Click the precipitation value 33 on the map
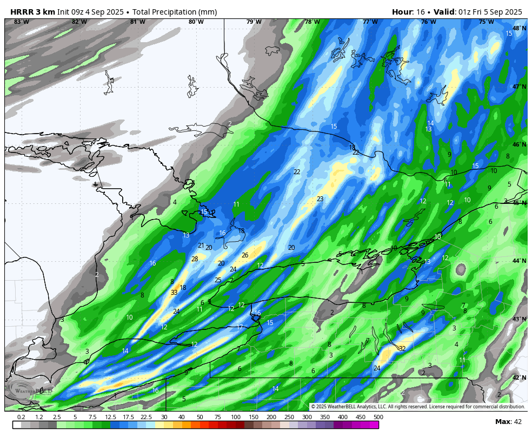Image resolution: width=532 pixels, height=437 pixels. click(174, 293)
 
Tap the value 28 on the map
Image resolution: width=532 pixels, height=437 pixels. click(195, 259)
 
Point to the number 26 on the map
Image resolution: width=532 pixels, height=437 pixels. click(245, 255)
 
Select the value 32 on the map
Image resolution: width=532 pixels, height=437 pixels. click(402, 349)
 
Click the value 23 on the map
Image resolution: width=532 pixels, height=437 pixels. click(320, 199)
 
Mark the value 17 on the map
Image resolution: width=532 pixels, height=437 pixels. click(240, 327)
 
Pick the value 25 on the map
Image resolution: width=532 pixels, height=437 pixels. click(218, 280)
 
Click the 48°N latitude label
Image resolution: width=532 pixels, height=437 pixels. click(519, 29)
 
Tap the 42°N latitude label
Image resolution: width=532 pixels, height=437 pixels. click(519, 378)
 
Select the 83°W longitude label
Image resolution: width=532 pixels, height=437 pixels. click(21, 22)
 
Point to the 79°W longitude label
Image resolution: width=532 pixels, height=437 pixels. click(254, 22)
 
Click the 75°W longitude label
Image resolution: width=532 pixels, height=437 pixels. click(486, 22)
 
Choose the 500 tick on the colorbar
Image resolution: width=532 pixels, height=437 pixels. click(378, 417)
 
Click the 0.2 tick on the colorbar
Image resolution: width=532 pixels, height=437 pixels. click(21, 417)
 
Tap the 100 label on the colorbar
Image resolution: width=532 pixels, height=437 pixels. click(236, 417)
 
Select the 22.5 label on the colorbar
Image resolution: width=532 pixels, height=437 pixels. click(146, 417)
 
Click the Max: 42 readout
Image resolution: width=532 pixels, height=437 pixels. click(508, 422)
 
